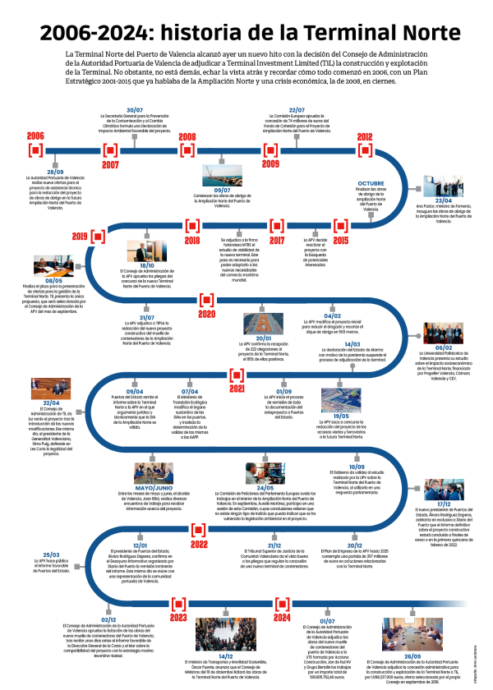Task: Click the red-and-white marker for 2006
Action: click(x=35, y=150)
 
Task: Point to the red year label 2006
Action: click(x=35, y=136)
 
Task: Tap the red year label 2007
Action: click(x=111, y=165)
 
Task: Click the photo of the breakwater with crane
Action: click(x=222, y=175)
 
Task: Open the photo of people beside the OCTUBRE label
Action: click(x=443, y=186)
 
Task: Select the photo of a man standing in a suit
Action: click(x=147, y=251)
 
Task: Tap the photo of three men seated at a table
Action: click(x=53, y=266)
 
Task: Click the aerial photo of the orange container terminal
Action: click(x=263, y=323)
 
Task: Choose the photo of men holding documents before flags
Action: click(x=443, y=333)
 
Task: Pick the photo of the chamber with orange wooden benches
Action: click(x=51, y=389)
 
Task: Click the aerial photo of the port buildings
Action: click(x=341, y=400)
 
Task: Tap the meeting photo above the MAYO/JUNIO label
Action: click(x=154, y=473)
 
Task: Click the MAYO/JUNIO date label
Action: click(x=154, y=488)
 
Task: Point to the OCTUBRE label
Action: click(x=371, y=183)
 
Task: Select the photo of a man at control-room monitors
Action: click(x=265, y=473)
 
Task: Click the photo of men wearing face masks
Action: click(x=444, y=490)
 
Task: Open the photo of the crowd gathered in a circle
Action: click(x=225, y=634)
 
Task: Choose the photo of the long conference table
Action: click(x=412, y=634)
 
